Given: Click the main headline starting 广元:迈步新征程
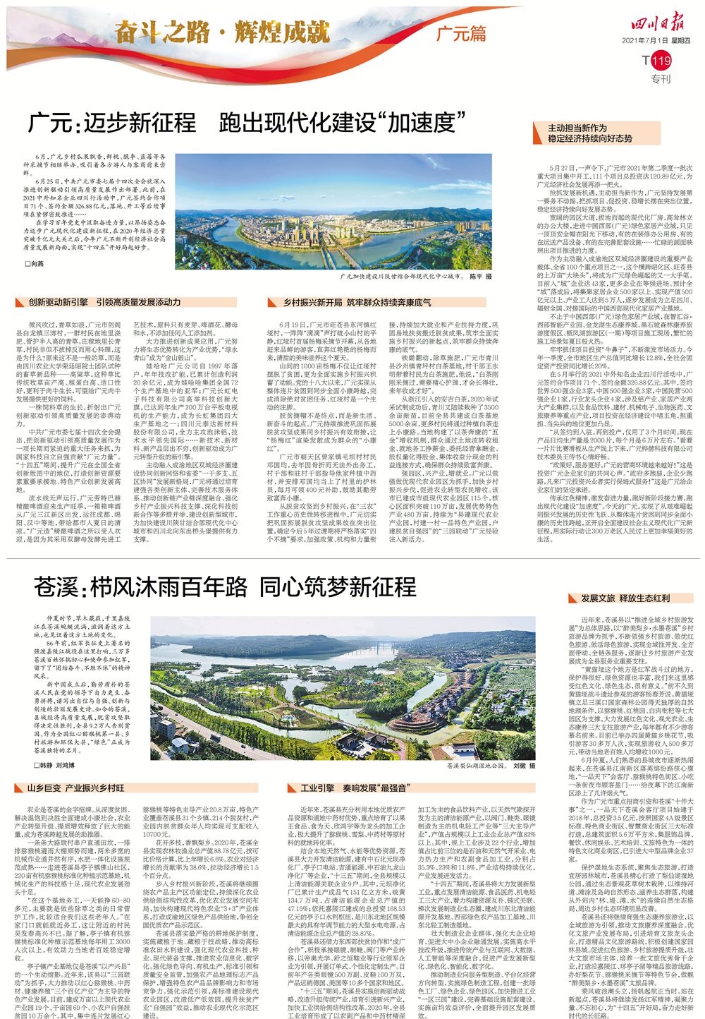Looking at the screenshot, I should pos(243,123).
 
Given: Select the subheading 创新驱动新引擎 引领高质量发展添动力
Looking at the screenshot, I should pos(104,302).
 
